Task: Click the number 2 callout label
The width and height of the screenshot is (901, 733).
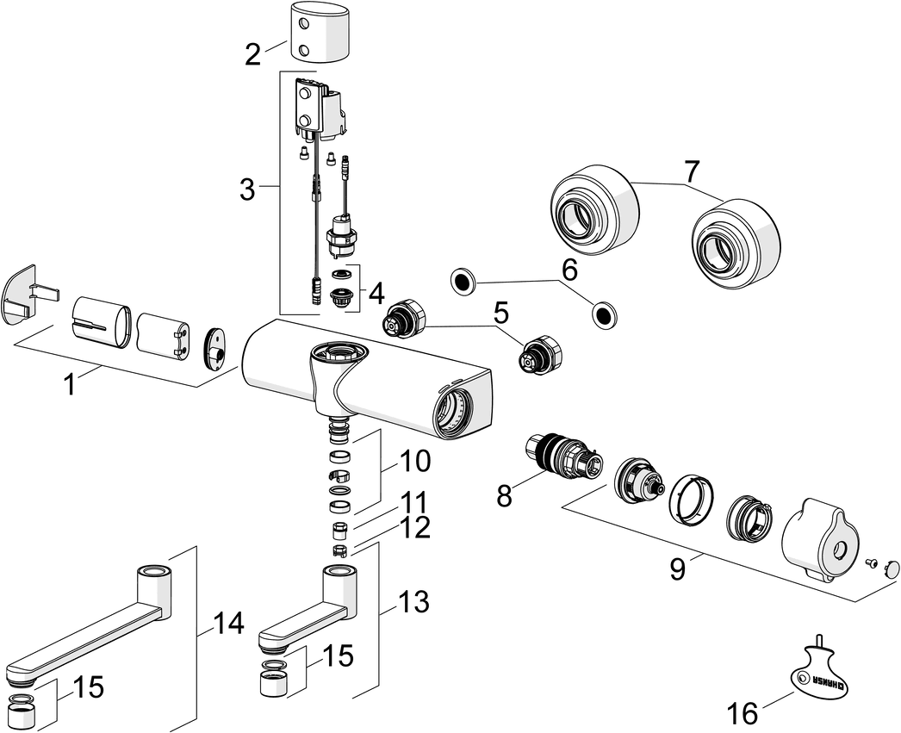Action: tap(252, 54)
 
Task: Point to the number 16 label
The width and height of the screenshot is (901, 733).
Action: tap(743, 712)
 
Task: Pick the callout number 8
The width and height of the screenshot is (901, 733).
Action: tap(504, 495)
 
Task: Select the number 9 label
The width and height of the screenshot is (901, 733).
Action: tap(678, 569)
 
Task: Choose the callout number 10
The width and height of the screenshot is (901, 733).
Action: tap(414, 462)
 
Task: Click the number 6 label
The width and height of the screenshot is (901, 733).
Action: tap(569, 270)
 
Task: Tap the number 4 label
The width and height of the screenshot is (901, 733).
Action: tap(376, 294)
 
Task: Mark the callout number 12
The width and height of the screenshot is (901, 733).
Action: tap(414, 527)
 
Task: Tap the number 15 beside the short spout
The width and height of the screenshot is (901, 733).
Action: tap(338, 657)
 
